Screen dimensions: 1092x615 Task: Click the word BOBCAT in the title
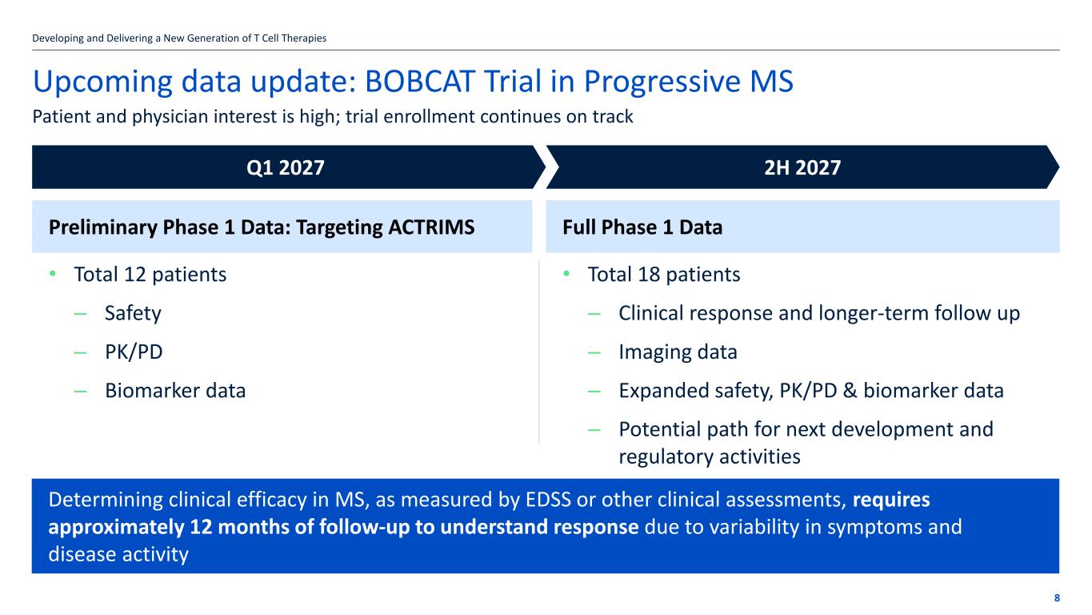pos(420,81)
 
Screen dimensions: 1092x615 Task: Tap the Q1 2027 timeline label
pos(285,167)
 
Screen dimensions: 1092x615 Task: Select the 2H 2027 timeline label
pos(802,167)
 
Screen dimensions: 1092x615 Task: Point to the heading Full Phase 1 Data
pos(642,227)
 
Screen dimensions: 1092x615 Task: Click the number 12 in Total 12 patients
pos(135,275)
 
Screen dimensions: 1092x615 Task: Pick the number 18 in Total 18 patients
pos(649,275)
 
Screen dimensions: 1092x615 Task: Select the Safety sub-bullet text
pos(133,313)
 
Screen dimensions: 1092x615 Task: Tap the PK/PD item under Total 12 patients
pos(134,352)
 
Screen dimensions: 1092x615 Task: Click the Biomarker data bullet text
pos(175,391)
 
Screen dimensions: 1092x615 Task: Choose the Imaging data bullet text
pos(678,352)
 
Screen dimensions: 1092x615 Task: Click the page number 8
pos(1057,598)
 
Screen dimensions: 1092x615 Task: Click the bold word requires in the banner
pos(891,500)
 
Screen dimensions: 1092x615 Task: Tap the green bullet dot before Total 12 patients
pos(53,274)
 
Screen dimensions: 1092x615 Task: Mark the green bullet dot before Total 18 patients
pos(566,274)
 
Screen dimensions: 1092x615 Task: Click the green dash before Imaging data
pos(594,352)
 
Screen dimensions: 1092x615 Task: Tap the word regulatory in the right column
pos(666,457)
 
